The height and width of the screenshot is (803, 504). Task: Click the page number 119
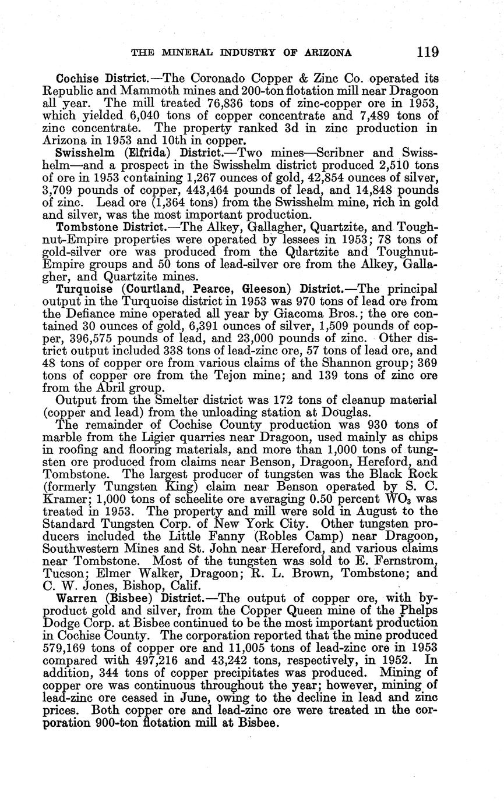click(x=427, y=52)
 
